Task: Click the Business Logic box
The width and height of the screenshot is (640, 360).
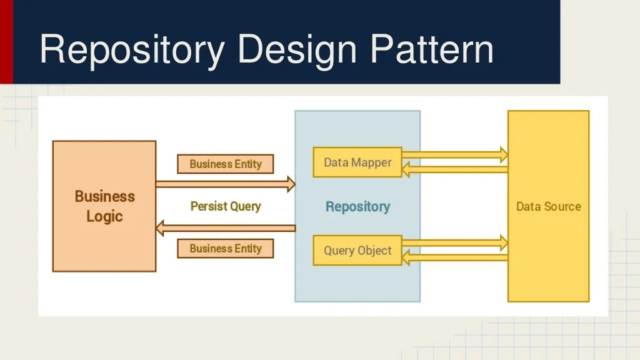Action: tap(104, 206)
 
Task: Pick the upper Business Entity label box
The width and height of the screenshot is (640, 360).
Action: tap(226, 164)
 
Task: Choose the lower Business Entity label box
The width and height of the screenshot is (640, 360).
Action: tap(226, 248)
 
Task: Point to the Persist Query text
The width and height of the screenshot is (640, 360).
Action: tap(226, 206)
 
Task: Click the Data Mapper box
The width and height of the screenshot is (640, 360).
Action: tap(357, 162)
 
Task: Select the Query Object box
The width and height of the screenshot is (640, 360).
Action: tap(357, 251)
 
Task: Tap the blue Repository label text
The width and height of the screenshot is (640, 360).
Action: tap(357, 207)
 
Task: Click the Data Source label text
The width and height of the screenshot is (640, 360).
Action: tap(548, 207)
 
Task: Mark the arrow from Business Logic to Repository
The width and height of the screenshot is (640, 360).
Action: tap(225, 184)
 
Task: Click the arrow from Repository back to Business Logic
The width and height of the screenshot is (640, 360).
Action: tap(225, 228)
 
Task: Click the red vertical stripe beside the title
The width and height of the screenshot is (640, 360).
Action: tap(6, 41)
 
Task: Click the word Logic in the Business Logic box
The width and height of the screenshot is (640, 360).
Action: tap(104, 217)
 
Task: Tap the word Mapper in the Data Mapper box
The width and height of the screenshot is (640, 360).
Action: tap(371, 162)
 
